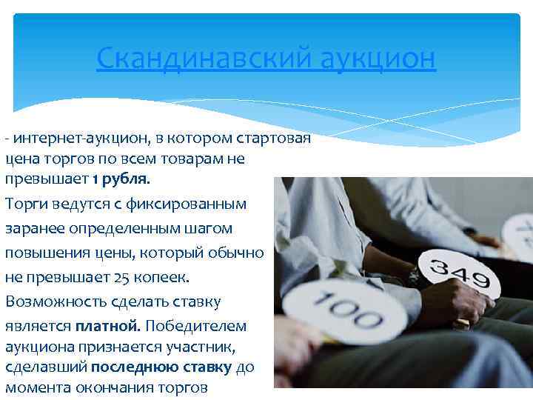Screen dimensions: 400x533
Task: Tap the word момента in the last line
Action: point(37,387)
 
